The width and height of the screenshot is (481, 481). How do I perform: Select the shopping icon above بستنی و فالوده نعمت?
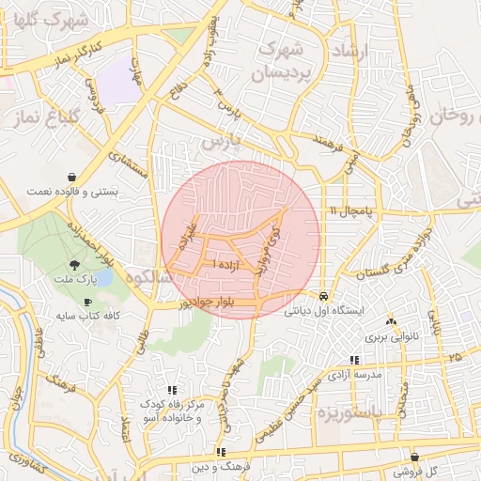click(x=72, y=177)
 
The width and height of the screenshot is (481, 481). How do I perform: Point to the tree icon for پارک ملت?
click(x=75, y=265)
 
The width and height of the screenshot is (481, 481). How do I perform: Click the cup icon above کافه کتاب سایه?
click(x=87, y=303)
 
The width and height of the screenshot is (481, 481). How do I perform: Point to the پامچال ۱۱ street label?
click(x=351, y=211)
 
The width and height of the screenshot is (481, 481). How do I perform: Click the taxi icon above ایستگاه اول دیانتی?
click(x=324, y=293)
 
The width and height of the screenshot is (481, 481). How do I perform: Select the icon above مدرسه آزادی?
click(x=354, y=360)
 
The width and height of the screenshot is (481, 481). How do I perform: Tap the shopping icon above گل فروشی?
click(x=414, y=458)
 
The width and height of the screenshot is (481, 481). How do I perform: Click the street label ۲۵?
click(x=456, y=358)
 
